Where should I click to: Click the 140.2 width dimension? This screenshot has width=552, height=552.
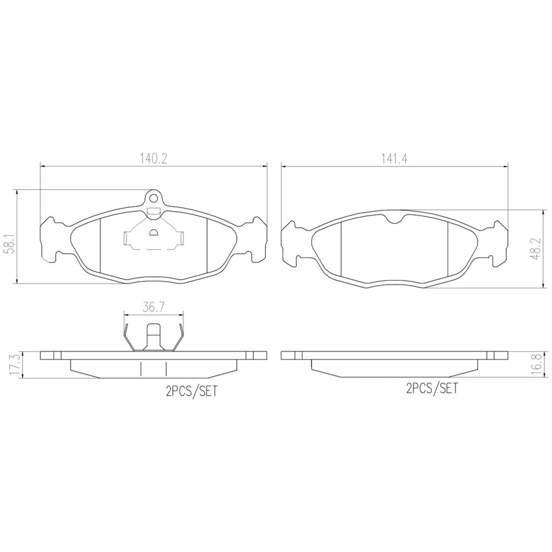(153, 159)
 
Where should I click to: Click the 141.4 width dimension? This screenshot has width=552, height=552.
(394, 159)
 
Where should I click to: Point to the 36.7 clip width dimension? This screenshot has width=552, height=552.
(154, 307)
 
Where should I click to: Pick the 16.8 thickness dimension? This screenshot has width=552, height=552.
(537, 364)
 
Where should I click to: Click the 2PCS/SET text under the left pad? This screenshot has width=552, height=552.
(192, 391)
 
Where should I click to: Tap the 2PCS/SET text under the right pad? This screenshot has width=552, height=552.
(432, 388)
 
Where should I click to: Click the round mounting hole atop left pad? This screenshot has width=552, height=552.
(153, 198)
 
